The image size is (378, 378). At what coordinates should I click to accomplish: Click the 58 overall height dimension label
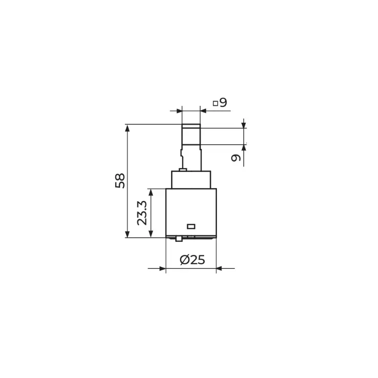coord(120,181)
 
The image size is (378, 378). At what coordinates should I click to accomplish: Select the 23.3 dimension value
coord(142,213)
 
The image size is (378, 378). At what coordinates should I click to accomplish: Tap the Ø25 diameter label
coord(192,260)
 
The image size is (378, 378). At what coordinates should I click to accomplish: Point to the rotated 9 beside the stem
coord(236,158)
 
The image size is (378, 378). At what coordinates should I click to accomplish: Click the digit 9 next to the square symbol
coord(223,103)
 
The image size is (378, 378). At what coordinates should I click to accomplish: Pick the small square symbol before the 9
coord(215,103)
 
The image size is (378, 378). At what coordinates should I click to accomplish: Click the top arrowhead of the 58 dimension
coord(128,128)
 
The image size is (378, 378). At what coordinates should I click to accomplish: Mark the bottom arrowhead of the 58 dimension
coord(128,234)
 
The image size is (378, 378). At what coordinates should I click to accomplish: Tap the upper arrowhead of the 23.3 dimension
coord(151,192)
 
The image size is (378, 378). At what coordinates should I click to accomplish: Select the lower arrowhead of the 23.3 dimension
coord(151,234)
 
